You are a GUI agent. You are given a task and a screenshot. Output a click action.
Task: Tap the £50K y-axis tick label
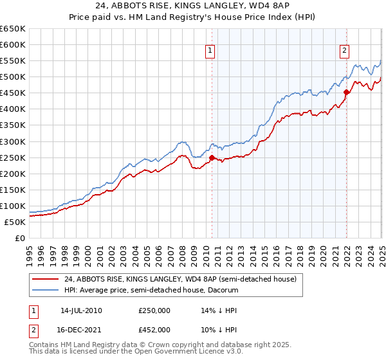[x=15, y=222]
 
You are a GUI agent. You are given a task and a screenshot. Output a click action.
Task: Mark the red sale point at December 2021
[x=346, y=92]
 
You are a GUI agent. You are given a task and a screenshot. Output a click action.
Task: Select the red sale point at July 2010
[x=212, y=157]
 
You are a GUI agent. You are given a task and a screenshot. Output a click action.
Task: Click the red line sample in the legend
[x=46, y=279]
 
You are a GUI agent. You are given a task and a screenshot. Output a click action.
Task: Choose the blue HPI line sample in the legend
[x=46, y=290]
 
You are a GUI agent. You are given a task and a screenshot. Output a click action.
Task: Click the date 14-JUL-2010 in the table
[x=79, y=310]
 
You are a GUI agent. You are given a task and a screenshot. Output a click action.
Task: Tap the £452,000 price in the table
[x=154, y=329]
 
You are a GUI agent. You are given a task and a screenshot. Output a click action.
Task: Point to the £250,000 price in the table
[x=154, y=310]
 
